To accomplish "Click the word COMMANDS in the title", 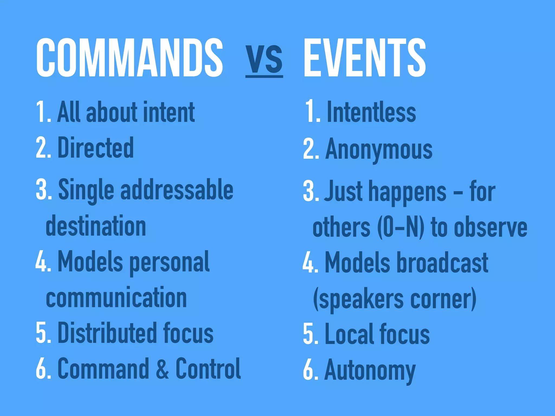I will tap(130, 57).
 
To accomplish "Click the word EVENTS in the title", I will tap(364, 57).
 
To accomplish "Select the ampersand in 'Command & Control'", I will tap(162, 369).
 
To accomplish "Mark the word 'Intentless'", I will tap(371, 112).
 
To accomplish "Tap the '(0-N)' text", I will tap(401, 227).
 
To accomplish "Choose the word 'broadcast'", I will tap(442, 263).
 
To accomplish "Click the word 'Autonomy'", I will tap(370, 370).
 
